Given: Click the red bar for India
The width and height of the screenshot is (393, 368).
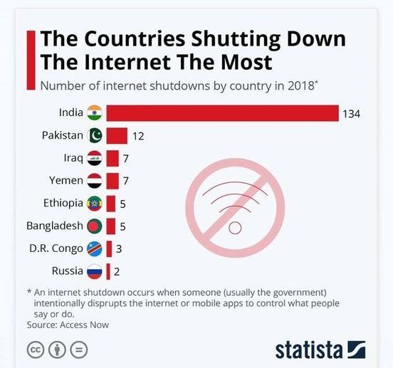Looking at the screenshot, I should (x=222, y=113).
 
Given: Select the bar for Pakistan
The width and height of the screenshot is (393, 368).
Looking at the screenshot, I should (x=117, y=135).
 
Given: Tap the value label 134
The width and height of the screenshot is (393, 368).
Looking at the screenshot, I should (x=351, y=114).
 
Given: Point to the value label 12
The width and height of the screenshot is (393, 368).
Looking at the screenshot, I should (x=138, y=136).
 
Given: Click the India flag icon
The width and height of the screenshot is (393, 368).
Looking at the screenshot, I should (x=94, y=112).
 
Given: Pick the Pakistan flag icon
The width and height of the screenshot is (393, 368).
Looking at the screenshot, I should (x=94, y=135).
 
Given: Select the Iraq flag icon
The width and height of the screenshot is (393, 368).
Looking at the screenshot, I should (x=94, y=158).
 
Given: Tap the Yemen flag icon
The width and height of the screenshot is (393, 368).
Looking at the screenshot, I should (x=94, y=181).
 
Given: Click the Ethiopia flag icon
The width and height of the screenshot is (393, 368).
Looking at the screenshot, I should (x=94, y=204).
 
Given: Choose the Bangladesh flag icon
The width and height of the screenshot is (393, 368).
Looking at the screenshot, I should (x=94, y=226).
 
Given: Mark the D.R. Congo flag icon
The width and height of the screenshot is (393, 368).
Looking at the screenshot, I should (x=94, y=249).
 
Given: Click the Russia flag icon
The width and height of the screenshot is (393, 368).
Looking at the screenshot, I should (x=94, y=271).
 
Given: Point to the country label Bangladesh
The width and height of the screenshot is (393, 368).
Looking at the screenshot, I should (x=54, y=226).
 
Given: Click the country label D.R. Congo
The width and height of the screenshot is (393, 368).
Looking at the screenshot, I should (x=57, y=248).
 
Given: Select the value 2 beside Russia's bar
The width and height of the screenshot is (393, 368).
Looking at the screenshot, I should (x=117, y=272).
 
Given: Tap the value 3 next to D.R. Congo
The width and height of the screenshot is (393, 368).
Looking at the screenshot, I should (x=118, y=249).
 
